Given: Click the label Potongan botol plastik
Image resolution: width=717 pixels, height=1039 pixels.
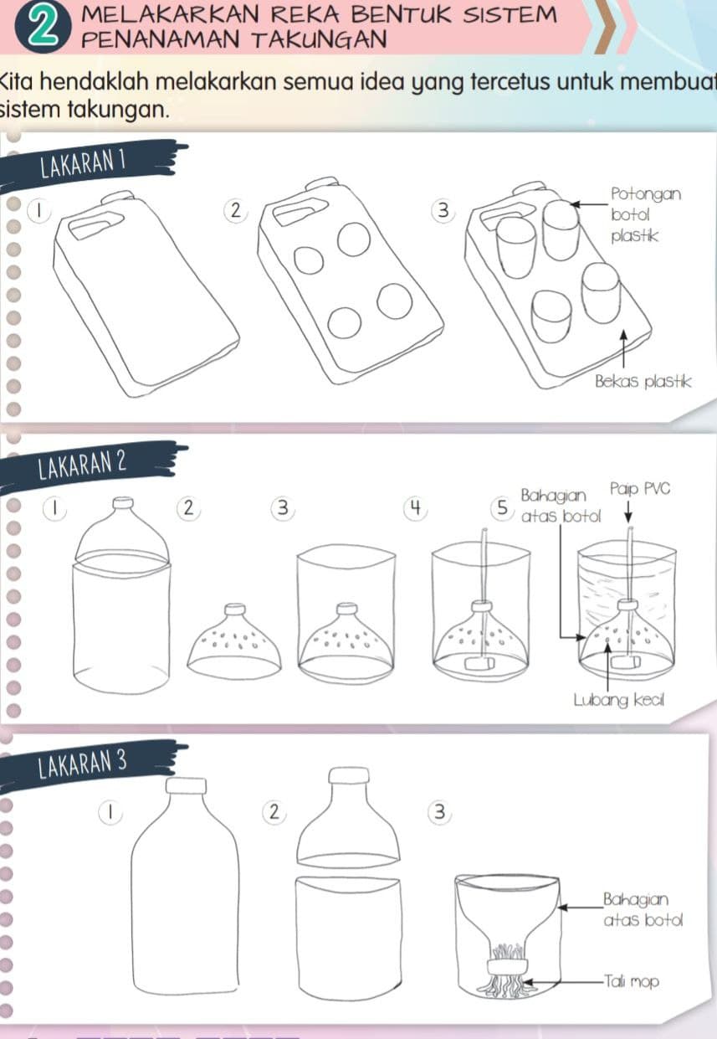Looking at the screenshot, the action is (x=646, y=215).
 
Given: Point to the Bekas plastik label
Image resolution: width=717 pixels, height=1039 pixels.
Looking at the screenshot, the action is (x=643, y=382).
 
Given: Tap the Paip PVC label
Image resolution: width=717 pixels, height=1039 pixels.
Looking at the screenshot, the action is (x=639, y=489).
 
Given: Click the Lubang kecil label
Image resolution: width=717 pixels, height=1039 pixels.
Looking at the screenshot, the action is (x=619, y=701).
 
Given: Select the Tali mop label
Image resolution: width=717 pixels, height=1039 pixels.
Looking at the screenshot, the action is (x=631, y=982).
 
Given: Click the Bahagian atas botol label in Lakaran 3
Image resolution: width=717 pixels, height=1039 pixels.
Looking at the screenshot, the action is (x=643, y=909).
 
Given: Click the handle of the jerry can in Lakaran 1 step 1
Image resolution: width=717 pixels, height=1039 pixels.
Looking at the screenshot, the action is (x=96, y=226).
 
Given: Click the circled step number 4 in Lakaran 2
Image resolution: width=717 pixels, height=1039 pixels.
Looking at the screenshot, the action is (x=415, y=508).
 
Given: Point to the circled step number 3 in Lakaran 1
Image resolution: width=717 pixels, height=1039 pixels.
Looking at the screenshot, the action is (x=443, y=211).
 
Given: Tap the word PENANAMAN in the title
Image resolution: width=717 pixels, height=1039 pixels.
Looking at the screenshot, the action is (x=160, y=39).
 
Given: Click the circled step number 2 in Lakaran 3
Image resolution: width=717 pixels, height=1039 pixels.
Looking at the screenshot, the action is (x=274, y=812).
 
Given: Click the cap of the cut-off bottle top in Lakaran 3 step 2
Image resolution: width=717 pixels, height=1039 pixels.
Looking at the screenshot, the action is (x=349, y=775).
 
